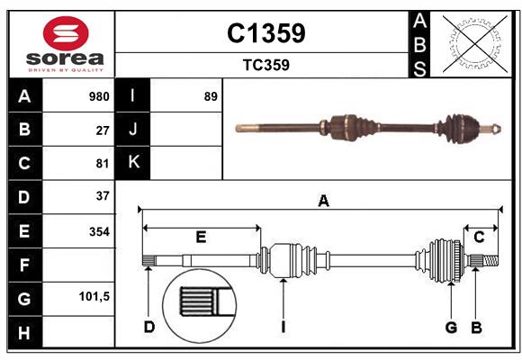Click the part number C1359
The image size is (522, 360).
coord(265,33)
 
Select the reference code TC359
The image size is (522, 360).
coord(265,65)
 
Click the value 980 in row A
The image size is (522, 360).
coord(99,96)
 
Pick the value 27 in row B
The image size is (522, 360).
coord(103,130)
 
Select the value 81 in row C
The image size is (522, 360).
coord(103,163)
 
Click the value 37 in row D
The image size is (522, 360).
coord(103,195)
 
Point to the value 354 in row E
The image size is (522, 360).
coord(99,231)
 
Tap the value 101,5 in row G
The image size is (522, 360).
coord(94,296)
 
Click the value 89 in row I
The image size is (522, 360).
coord(211,96)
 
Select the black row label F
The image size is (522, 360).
coord(24,265)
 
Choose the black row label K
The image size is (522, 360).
coord(134,163)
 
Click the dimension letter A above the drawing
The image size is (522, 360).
coord(323,202)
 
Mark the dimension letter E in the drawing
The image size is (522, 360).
coord(201,238)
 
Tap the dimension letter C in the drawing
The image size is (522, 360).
coord(480,238)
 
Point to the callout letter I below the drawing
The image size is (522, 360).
coord(282,327)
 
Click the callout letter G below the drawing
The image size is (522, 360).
coord(452,327)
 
